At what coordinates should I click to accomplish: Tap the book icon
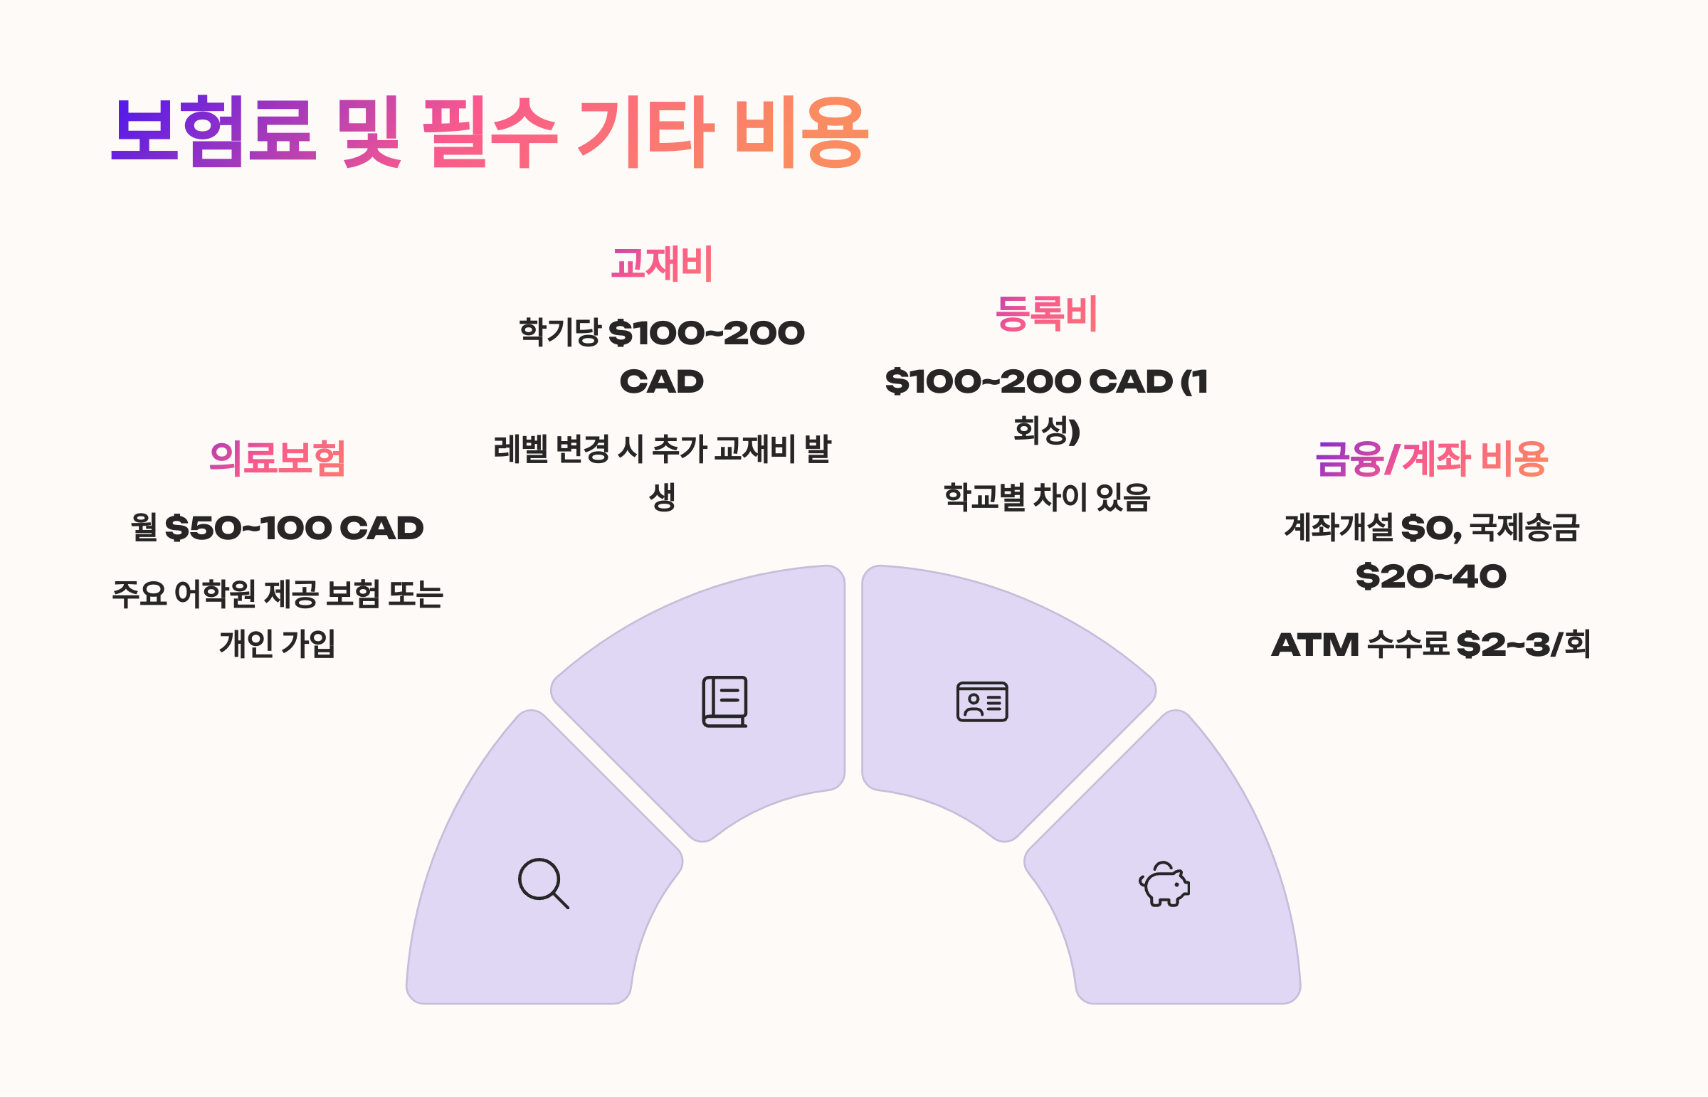[724, 701]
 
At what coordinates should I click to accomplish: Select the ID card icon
[982, 701]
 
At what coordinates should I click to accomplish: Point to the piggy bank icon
[1164, 885]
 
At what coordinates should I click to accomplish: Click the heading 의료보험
[277, 458]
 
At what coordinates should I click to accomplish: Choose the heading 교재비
[662, 264]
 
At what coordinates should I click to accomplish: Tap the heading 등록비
[1046, 314]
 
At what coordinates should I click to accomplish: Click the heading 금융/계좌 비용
[1431, 459]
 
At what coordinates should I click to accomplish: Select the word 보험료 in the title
[213, 131]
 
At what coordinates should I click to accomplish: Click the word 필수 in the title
[490, 132]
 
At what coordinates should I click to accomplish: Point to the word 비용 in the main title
[801, 132]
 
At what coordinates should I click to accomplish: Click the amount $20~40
[1431, 577]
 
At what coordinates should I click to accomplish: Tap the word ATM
[1314, 645]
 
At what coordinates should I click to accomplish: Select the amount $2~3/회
[1524, 645]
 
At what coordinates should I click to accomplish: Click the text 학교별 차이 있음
[1046, 497]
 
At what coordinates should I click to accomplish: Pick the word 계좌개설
[1338, 528]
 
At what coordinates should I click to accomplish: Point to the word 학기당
[560, 333]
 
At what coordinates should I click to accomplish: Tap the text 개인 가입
[277, 644]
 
